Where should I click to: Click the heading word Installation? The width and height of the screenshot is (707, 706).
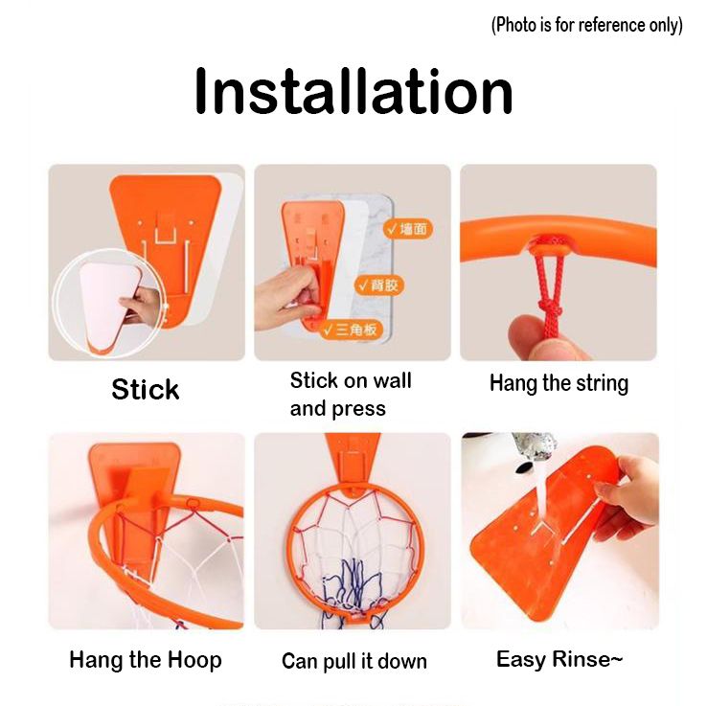353,92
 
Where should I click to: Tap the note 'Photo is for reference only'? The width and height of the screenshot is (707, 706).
586,25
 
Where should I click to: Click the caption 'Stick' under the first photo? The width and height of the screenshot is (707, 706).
146,390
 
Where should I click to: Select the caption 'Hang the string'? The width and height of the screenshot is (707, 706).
559,384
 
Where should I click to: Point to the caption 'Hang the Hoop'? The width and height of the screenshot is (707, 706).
146,660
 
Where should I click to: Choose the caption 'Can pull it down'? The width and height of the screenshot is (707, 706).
353,661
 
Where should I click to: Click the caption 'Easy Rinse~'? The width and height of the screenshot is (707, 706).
559,659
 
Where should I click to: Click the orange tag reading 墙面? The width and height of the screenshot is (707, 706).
408,229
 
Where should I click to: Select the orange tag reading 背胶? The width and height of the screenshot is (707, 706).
378,285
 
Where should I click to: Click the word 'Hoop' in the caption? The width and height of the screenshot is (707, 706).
194,660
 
